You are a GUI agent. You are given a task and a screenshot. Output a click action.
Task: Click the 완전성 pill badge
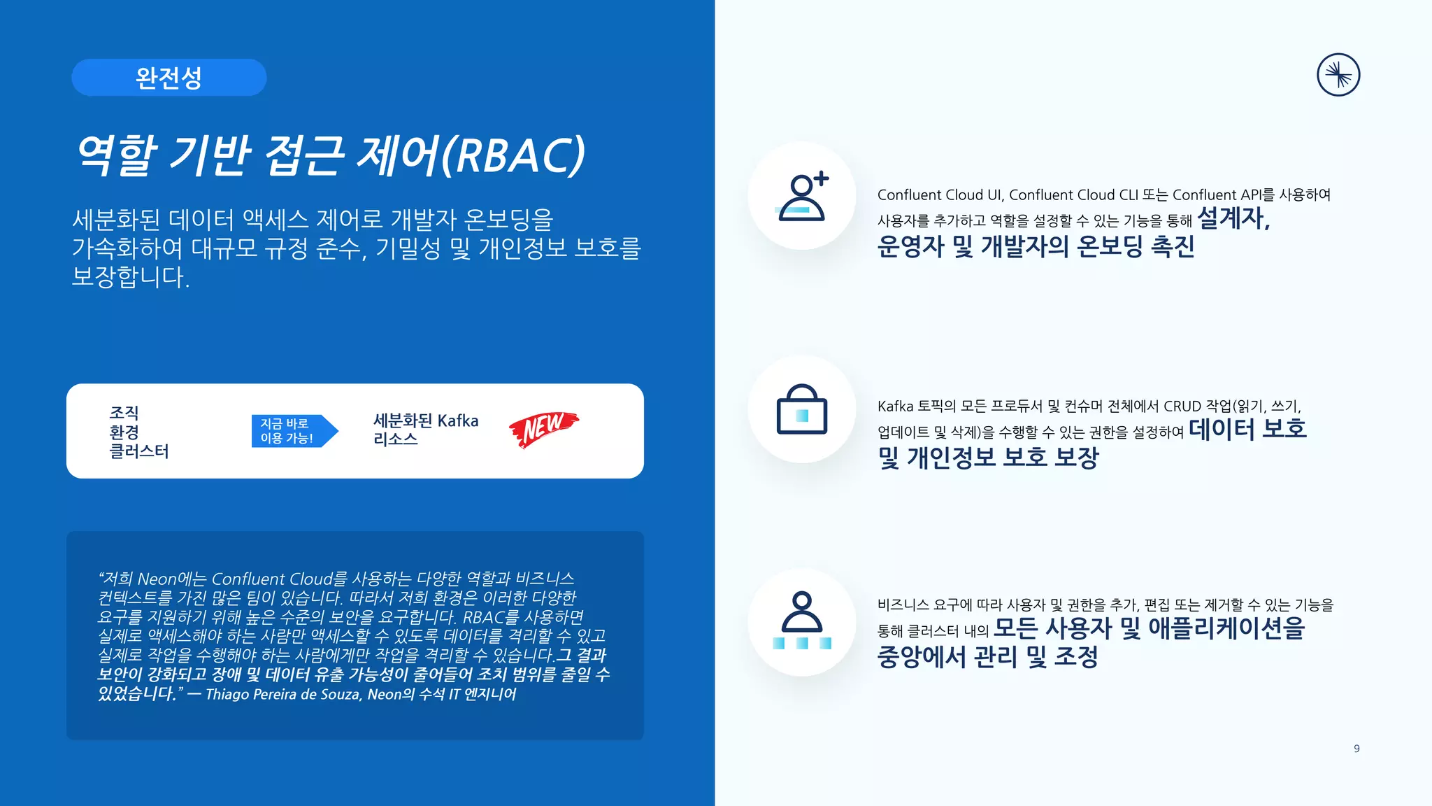[169, 78]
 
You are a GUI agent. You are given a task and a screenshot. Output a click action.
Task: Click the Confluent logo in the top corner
[1338, 75]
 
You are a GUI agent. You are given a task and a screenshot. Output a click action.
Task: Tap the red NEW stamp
[543, 428]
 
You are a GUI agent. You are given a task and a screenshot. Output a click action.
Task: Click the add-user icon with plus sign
[803, 197]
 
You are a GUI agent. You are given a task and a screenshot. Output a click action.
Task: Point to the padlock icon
[802, 410]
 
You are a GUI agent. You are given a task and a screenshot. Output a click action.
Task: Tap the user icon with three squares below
[802, 621]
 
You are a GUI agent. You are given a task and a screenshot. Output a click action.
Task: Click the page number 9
[1356, 749]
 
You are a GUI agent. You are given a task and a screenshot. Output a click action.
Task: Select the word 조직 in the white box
[124, 413]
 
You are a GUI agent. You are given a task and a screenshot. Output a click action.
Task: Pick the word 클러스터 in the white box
[139, 451]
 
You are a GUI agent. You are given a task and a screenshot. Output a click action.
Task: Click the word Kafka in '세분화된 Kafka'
[458, 421]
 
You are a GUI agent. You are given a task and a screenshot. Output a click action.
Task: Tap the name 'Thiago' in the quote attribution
[225, 694]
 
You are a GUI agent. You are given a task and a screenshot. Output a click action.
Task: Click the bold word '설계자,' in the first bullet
[1233, 218]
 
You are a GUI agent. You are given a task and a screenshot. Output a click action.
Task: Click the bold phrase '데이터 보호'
[1247, 429]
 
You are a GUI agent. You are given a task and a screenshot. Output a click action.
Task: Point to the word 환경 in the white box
[124, 432]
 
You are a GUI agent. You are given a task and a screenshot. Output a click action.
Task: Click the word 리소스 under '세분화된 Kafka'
[396, 439]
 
